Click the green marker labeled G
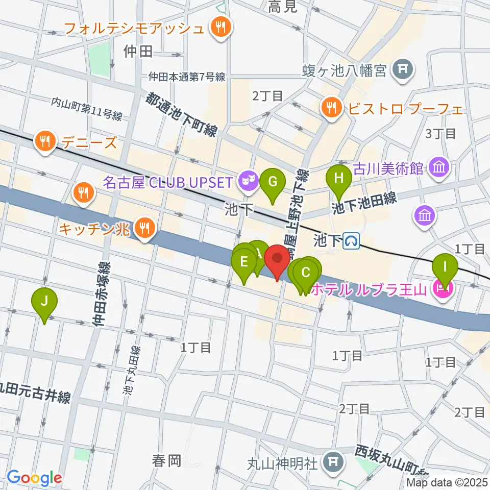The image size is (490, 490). click(273, 182)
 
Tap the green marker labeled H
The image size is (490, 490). click(339, 179)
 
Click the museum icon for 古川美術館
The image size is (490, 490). click(438, 166)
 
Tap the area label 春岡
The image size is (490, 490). click(166, 461)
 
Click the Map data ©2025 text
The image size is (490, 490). click(447, 482)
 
